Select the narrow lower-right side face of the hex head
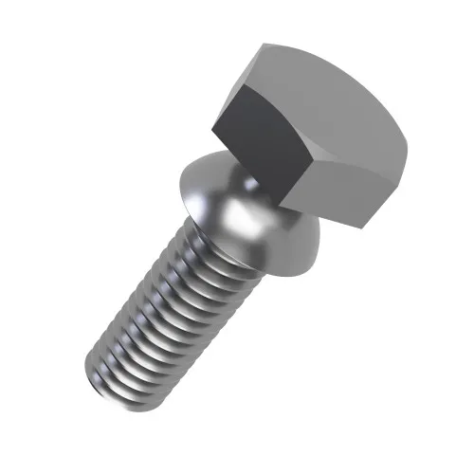pyautogui.click(x=351, y=194)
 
